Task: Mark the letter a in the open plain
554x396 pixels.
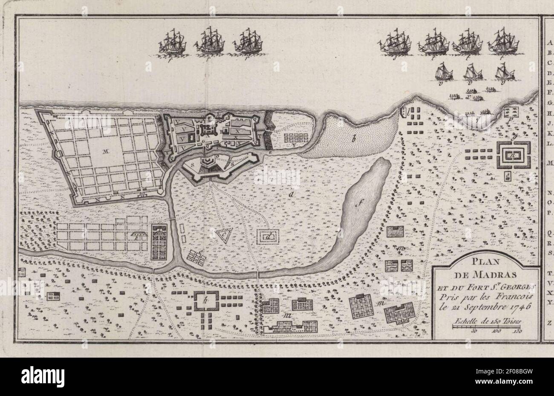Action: click(x=291, y=194)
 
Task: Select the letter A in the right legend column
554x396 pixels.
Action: click(x=549, y=43)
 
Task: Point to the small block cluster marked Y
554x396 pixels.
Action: click(x=294, y=137)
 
